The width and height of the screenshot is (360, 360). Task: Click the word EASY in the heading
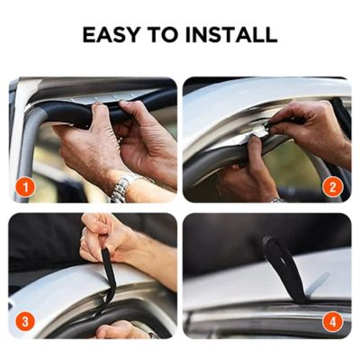[x=111, y=34]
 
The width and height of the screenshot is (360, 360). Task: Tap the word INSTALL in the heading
[x=231, y=34]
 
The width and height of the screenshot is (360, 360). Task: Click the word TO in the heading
[x=163, y=34]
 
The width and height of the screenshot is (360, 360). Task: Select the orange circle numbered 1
[x=25, y=187]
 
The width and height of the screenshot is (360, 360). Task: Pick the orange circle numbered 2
[x=332, y=187]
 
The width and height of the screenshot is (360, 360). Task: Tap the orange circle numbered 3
[x=25, y=322]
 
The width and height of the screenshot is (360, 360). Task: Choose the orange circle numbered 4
[x=332, y=322]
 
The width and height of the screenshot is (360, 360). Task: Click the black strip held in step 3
[x=109, y=279]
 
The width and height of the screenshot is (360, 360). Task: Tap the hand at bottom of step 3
[x=123, y=329]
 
